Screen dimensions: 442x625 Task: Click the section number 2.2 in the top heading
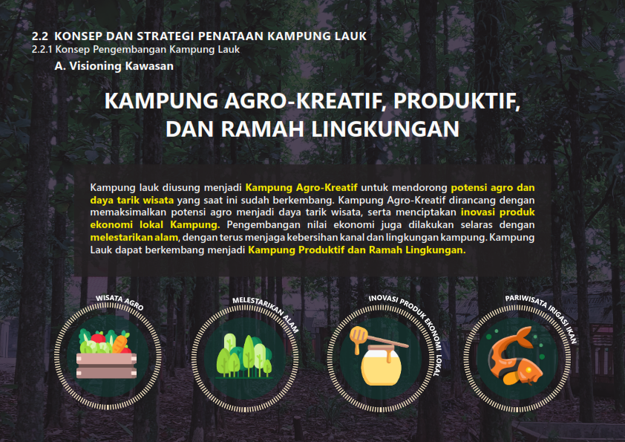click(40, 36)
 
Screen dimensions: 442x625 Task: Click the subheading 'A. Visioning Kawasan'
click(114, 66)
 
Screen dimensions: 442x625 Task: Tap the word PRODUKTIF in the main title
click(448, 101)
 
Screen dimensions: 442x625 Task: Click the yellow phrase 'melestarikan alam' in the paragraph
click(134, 237)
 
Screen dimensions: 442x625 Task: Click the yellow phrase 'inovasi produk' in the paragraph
click(497, 212)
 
